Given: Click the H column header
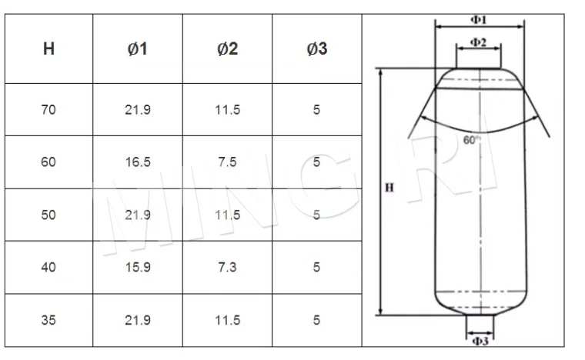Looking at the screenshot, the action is pyautogui.click(x=48, y=48).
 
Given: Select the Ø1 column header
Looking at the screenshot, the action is pyautogui.click(x=138, y=48).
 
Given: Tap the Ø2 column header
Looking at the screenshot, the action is pyautogui.click(x=228, y=48).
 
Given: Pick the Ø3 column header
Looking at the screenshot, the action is pyautogui.click(x=317, y=48).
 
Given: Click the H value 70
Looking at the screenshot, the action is pyautogui.click(x=48, y=109).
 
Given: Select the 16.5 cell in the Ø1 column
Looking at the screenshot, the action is pyautogui.click(x=138, y=162).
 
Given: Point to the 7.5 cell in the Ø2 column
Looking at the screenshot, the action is pyautogui.click(x=228, y=162).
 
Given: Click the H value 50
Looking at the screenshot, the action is pyautogui.click(x=48, y=215).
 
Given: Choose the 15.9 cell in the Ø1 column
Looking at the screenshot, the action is pyautogui.click(x=138, y=267).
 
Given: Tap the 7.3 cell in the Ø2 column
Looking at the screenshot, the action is pyautogui.click(x=228, y=267).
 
